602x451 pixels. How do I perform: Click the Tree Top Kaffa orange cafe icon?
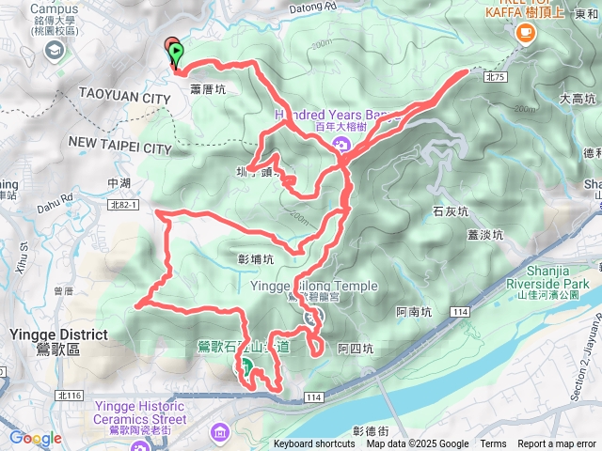coord(524,32)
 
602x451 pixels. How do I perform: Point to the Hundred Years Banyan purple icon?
coord(341,144)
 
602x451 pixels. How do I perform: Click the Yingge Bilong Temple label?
coord(314,287)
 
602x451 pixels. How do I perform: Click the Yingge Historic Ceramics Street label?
coord(142,412)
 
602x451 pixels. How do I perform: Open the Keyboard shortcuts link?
coord(314,444)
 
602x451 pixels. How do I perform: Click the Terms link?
coord(493,444)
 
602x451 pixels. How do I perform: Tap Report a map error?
coord(557,444)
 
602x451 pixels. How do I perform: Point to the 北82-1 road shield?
coord(123,205)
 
